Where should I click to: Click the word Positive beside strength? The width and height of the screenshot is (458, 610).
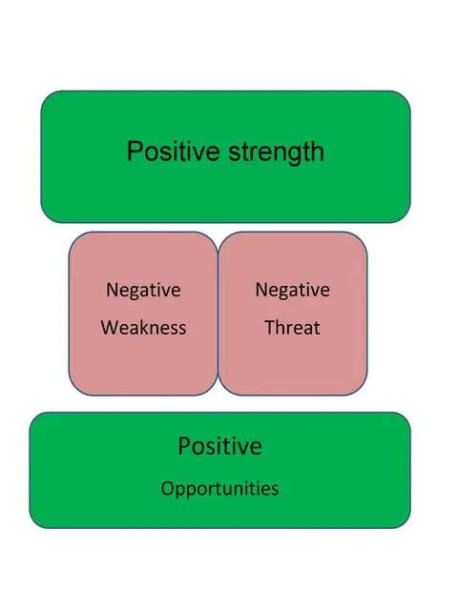point(174,151)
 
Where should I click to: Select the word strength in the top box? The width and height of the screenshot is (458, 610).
point(276,152)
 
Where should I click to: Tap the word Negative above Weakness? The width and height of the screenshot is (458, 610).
point(143,291)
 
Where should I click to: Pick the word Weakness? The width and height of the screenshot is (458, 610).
point(144,328)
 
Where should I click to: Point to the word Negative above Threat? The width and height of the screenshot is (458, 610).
point(293,291)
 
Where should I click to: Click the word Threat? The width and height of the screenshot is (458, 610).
point(293,328)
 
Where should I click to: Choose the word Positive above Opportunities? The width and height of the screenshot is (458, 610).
point(220,446)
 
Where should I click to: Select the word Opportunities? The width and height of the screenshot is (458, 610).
point(220,489)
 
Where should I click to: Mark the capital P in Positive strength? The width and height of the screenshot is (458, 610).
point(135,151)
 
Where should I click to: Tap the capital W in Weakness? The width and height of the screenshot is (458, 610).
point(110,328)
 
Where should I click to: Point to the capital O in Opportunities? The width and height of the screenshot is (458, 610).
point(167,488)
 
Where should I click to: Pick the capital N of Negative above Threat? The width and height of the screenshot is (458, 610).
point(261,290)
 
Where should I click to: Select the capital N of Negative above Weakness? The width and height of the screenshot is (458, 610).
point(113,290)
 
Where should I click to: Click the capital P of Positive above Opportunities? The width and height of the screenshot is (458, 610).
point(184,446)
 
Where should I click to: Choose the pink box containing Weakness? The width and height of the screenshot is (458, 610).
point(143,314)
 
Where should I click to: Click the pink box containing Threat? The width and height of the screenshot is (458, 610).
point(293,314)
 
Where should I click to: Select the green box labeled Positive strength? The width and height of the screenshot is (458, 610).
point(225,156)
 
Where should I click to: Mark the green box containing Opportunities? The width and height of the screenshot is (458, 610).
point(220,470)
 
